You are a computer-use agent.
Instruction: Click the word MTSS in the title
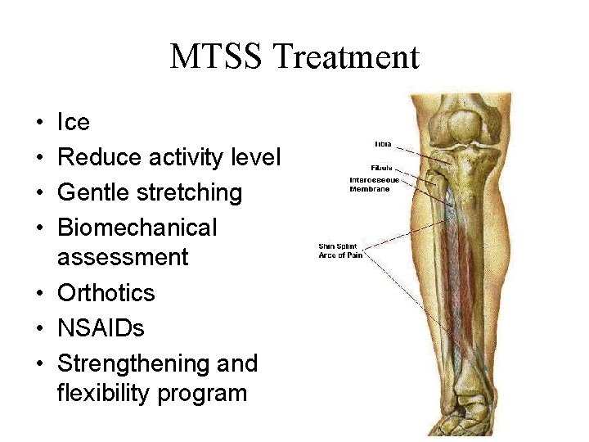(x=216, y=57)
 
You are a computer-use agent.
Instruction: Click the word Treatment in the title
(x=346, y=57)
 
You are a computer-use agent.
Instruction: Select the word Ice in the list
(x=73, y=123)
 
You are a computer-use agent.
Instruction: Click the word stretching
(x=190, y=193)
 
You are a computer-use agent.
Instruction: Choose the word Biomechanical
(x=137, y=228)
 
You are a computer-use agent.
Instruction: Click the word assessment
(x=123, y=257)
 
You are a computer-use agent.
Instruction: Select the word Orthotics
(x=106, y=293)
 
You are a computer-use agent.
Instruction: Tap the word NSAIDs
(x=101, y=328)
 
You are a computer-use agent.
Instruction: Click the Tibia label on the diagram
(x=382, y=144)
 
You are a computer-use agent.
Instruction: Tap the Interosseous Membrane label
(x=375, y=184)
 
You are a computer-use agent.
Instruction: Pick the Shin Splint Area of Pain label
(x=340, y=250)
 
